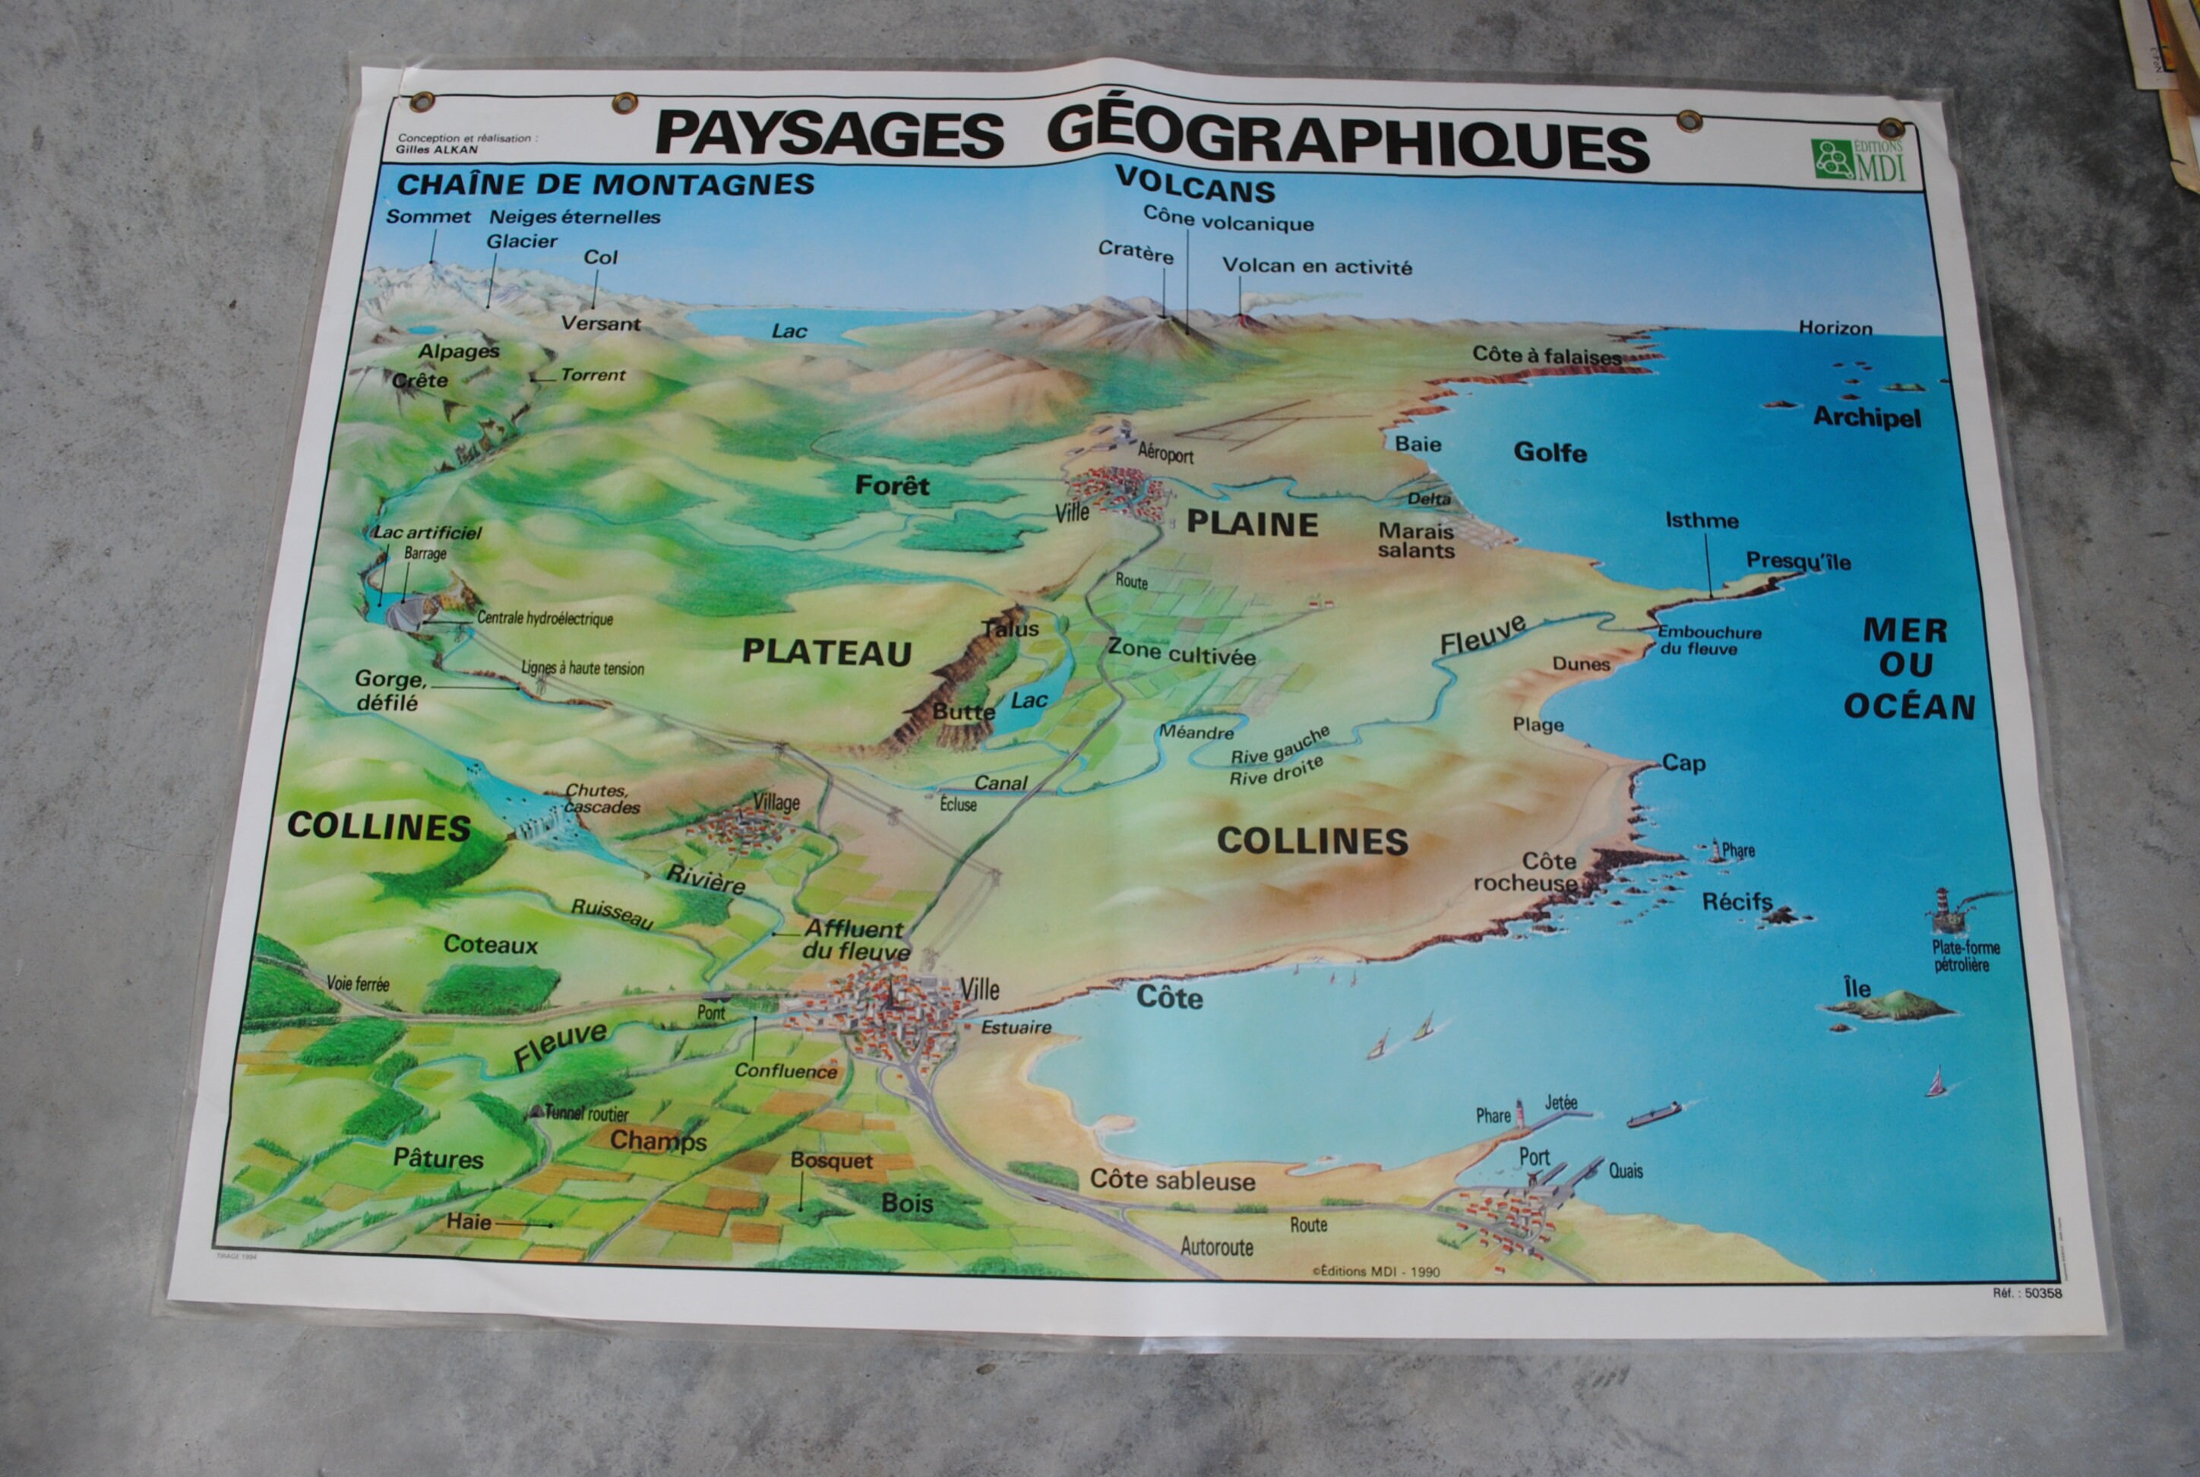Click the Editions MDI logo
pyautogui.click(x=1857, y=160)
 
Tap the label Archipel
pyautogui.click(x=1867, y=417)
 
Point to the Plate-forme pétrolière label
pyautogui.click(x=1965, y=956)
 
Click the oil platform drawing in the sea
pyautogui.click(x=1944, y=909)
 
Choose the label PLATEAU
pyautogui.click(x=826, y=653)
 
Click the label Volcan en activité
pyautogui.click(x=1317, y=267)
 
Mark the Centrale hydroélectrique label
pyautogui.click(x=545, y=619)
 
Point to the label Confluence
pyautogui.click(x=785, y=1071)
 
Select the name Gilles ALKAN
pyautogui.click(x=437, y=149)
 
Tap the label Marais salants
pyautogui.click(x=1415, y=541)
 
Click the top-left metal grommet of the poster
pyautogui.click(x=421, y=101)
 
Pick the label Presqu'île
pyautogui.click(x=1798, y=561)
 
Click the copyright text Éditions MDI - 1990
pyautogui.click(x=1375, y=1270)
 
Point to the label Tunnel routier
pyautogui.click(x=586, y=1113)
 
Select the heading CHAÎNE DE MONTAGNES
pyautogui.click(x=605, y=184)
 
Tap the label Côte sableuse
pyautogui.click(x=1171, y=1180)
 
